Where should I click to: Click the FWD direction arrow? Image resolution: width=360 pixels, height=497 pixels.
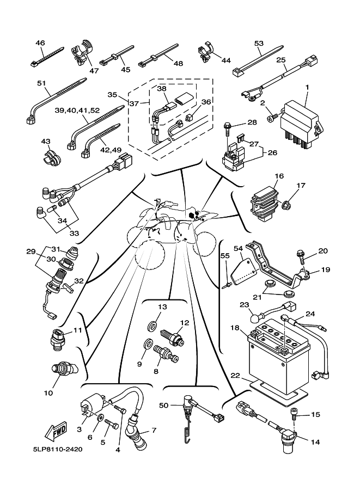point(57,433)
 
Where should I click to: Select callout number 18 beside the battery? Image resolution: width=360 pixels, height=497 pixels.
point(235,328)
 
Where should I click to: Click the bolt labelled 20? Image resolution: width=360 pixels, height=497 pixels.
point(300,254)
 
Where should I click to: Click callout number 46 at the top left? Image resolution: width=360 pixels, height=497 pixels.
point(40,43)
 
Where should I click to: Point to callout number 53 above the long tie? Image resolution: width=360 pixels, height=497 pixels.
point(259,43)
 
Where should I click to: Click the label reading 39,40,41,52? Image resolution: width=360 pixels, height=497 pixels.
point(77,110)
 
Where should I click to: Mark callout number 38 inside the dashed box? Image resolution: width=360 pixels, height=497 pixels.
point(162,88)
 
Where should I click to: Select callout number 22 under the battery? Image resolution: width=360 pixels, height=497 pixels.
point(235,376)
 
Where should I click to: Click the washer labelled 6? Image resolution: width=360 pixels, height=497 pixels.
point(101,418)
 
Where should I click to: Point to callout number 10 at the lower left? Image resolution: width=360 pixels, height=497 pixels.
point(48,392)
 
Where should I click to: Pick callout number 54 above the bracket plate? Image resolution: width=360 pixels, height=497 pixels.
point(238,248)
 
